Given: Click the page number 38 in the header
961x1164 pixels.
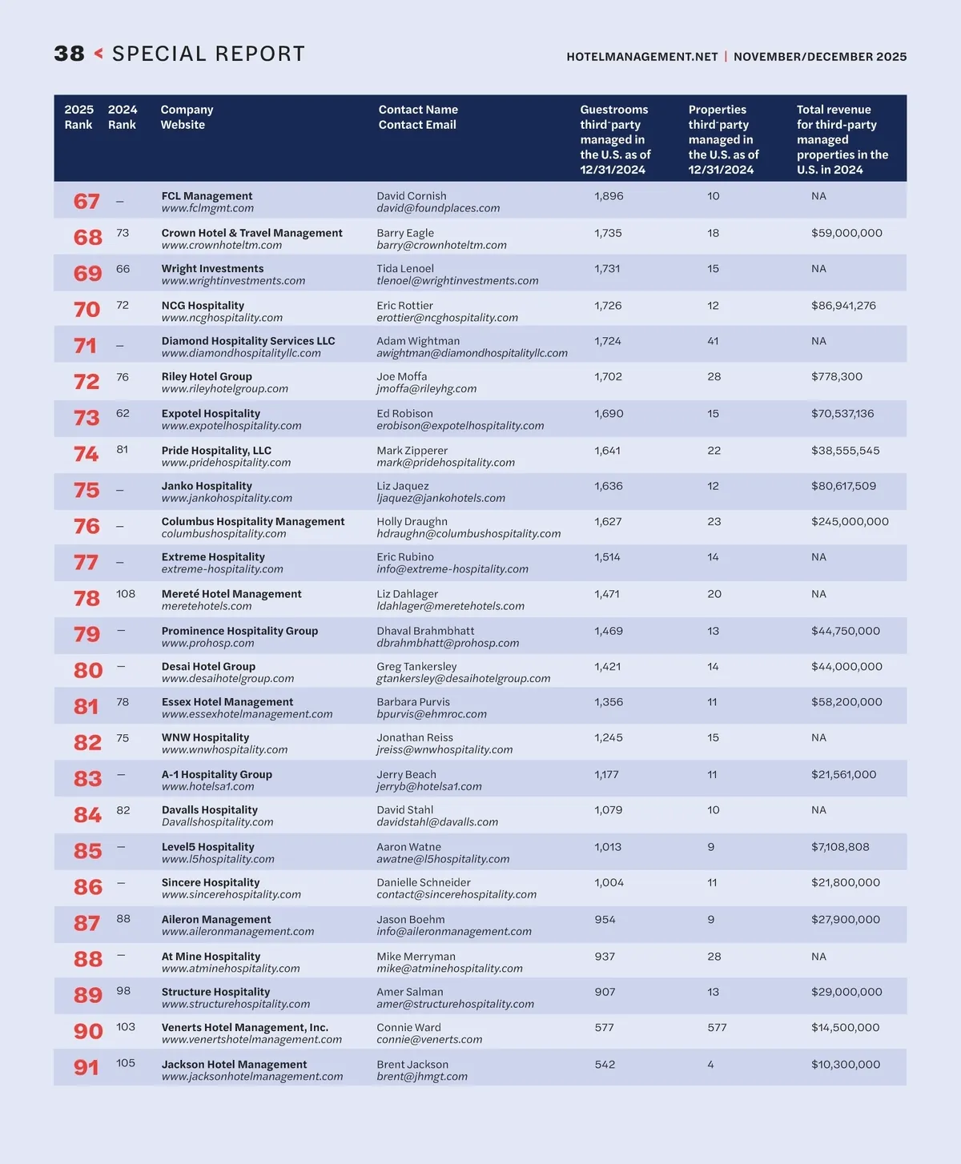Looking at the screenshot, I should [69, 54].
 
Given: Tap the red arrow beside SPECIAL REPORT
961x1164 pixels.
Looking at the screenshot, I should [99, 54].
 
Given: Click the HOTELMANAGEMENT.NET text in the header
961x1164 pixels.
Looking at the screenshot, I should [641, 57].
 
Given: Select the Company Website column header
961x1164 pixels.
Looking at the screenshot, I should [187, 117].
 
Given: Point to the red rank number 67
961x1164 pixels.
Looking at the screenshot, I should [86, 201].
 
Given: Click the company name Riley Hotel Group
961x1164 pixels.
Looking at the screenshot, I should [207, 376].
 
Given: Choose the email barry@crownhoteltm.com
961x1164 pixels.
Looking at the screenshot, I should [441, 245].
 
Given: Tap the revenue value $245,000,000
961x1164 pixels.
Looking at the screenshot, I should [850, 521].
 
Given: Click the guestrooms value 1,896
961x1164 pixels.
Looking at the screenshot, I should [609, 196].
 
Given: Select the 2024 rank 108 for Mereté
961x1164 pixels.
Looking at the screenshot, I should [126, 594].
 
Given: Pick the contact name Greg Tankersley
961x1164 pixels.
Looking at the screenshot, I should [416, 666].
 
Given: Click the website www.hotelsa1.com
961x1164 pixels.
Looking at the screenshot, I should [207, 786].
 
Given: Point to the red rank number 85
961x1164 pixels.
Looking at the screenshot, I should [87, 851].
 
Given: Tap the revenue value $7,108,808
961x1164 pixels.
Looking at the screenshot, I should [840, 847].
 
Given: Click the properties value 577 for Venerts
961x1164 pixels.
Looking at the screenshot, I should [717, 1027].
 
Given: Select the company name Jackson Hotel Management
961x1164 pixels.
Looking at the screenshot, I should [234, 1064].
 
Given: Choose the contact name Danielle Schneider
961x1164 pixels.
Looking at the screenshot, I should [424, 882].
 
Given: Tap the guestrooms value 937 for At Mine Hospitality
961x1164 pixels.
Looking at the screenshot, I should [605, 956].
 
